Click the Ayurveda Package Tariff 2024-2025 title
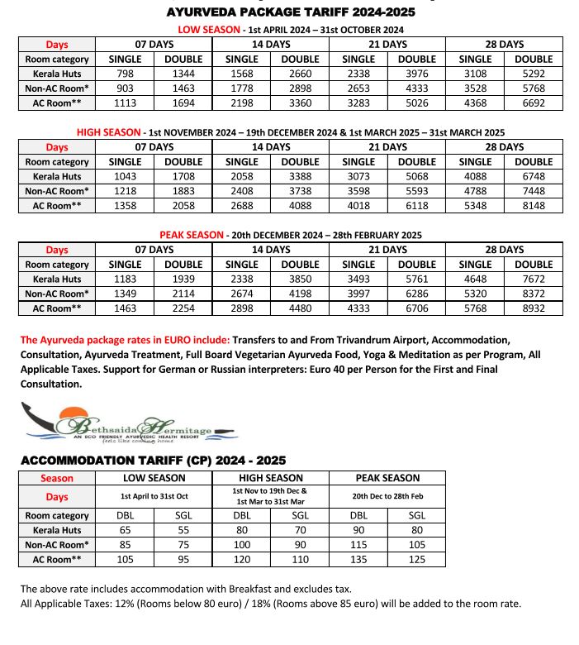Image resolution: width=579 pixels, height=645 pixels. tap(291, 12)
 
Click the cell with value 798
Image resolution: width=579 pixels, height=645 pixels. tap(126, 74)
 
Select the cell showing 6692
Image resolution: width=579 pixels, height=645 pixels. tap(534, 103)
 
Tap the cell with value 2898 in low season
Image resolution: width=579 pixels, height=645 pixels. tap(300, 88)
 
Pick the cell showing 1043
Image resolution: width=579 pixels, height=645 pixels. tap(126, 176)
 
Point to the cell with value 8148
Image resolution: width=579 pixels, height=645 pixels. tap(534, 206)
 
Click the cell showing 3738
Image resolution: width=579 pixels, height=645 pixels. tap(300, 191)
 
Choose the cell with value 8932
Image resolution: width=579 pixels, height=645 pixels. tap(534, 308)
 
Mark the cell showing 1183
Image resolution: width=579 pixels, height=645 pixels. tap(126, 279)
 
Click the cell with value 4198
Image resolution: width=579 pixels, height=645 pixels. tap(300, 294)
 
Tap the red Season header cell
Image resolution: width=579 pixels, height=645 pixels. tap(57, 478)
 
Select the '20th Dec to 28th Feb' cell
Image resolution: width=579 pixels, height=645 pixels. tap(387, 497)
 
